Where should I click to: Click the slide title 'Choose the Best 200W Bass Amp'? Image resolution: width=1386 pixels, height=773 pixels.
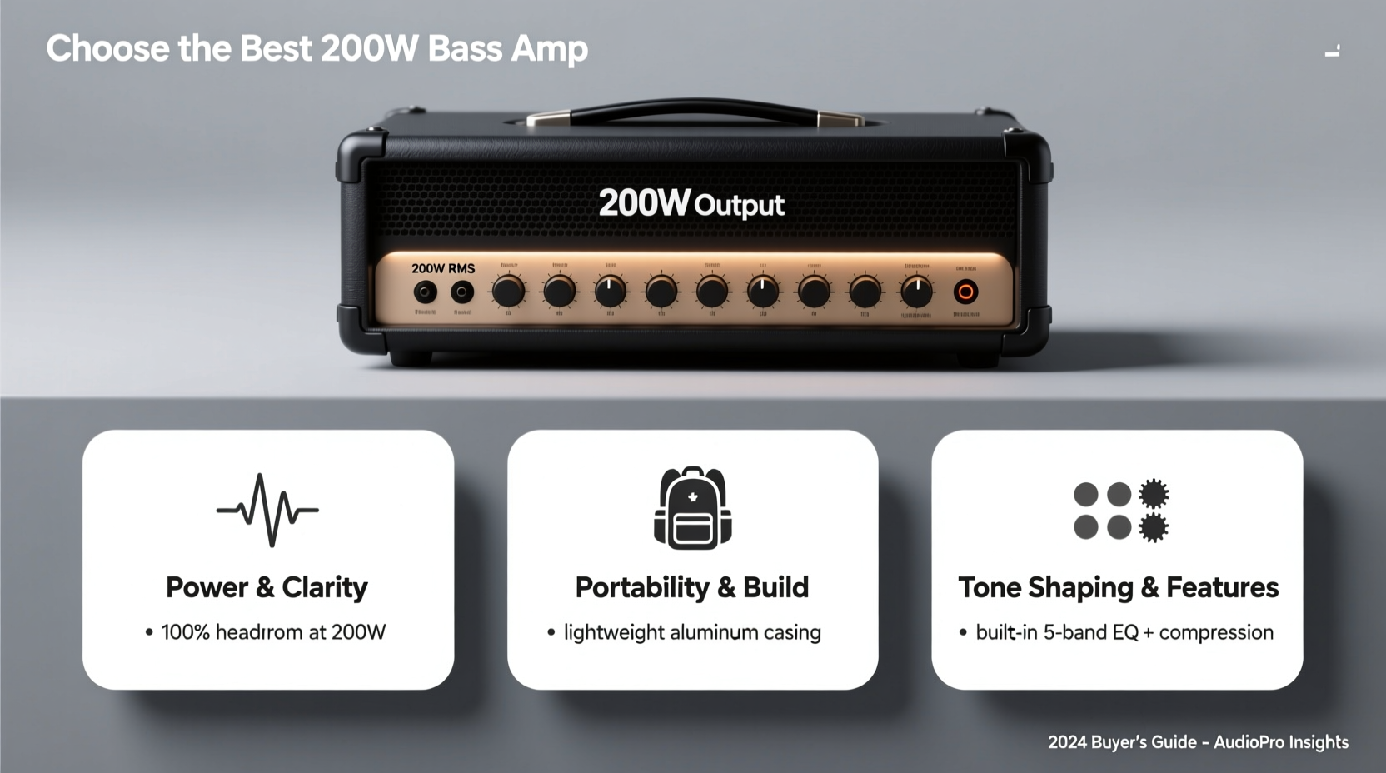(317, 48)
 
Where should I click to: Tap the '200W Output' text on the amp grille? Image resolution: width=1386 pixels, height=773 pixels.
(691, 204)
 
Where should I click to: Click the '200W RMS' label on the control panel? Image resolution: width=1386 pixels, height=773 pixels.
(443, 268)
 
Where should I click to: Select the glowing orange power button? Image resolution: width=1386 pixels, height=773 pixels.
(965, 292)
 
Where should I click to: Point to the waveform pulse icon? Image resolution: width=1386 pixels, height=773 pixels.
(267, 510)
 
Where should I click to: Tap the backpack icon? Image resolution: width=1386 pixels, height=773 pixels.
(692, 508)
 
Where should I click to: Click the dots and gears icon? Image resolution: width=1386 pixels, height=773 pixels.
(1119, 511)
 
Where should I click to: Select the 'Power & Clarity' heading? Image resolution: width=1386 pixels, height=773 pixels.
(267, 587)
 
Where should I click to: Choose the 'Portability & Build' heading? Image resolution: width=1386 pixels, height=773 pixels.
(692, 587)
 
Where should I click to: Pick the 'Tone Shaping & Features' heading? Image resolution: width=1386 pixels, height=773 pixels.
(1118, 587)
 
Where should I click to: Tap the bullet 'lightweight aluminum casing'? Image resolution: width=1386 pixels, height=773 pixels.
(692, 632)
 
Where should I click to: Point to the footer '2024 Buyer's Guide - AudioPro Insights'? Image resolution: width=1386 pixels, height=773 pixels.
(1198, 742)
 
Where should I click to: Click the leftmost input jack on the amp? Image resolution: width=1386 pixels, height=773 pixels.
(426, 292)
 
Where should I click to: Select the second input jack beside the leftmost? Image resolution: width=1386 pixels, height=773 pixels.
(462, 292)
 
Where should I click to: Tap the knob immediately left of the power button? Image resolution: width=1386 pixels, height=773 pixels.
(916, 292)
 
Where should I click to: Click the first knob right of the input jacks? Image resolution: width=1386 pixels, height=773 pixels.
(508, 292)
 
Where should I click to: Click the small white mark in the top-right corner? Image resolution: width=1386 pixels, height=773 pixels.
(1333, 52)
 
